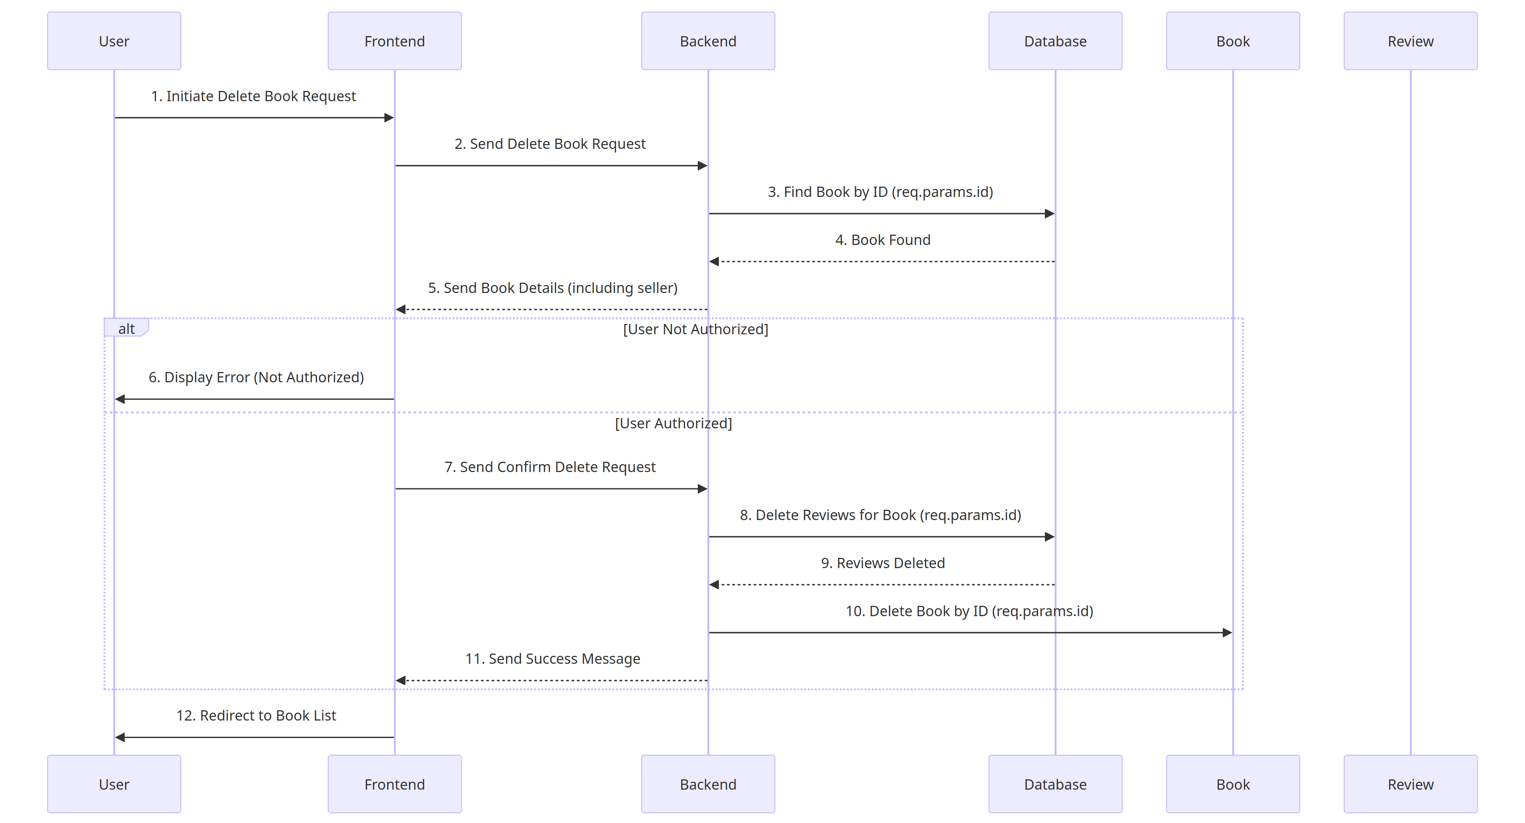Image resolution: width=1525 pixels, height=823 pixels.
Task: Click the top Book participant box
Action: click(1233, 41)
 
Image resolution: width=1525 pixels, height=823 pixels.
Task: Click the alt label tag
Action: click(126, 328)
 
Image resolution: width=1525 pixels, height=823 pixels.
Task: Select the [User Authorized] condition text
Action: click(673, 423)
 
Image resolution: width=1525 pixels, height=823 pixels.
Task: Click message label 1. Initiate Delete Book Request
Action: click(253, 96)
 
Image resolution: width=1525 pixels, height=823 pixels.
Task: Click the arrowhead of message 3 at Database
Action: click(1050, 214)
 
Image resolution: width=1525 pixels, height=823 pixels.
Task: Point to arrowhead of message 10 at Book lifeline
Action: click(1227, 632)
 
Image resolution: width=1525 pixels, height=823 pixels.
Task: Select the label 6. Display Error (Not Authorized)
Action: click(256, 377)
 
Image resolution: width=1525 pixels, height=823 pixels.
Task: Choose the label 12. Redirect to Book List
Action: click(256, 715)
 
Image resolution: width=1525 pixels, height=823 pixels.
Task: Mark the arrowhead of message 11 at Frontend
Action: click(401, 680)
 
